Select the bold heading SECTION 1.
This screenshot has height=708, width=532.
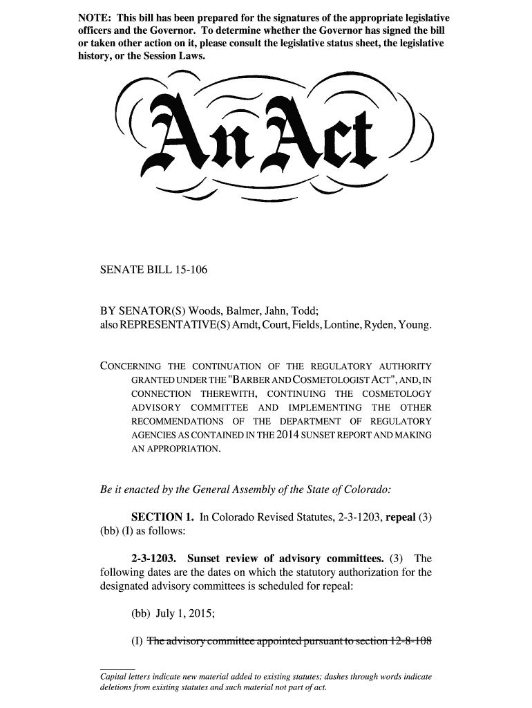coord(162,517)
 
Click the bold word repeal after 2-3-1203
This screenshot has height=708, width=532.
coord(401,517)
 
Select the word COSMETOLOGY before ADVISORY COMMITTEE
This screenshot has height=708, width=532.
coord(397,393)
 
